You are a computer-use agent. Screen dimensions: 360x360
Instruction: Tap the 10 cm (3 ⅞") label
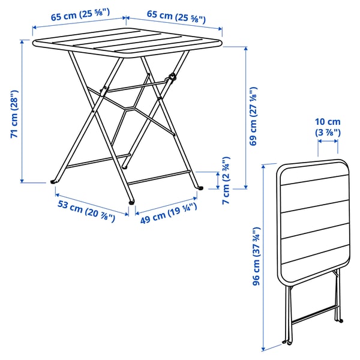(x=328, y=127)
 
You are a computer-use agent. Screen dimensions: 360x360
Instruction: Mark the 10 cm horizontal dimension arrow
(x=328, y=142)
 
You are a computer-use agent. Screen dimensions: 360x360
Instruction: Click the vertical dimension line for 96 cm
(x=263, y=258)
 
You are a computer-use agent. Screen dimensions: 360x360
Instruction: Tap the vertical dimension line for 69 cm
(x=246, y=117)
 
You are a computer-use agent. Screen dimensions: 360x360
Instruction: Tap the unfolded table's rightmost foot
(x=200, y=188)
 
